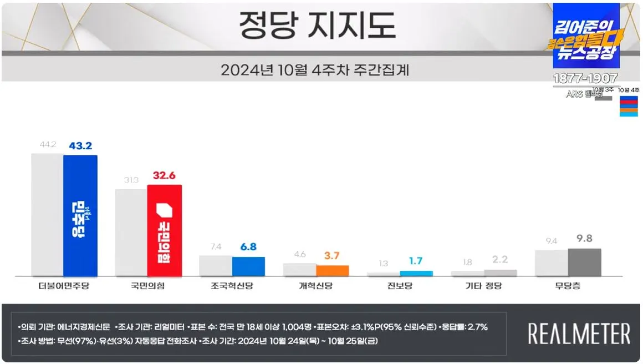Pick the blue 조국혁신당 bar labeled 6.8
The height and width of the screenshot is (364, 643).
point(248,266)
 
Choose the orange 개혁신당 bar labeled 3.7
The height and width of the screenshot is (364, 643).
point(333,270)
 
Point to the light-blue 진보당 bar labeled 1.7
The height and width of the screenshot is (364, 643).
point(416,273)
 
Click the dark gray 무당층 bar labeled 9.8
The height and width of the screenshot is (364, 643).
point(584,262)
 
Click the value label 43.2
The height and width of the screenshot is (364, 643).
point(80,145)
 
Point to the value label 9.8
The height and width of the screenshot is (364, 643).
point(584,239)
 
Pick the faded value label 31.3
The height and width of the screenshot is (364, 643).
point(132,180)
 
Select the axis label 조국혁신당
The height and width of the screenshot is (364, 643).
point(232,286)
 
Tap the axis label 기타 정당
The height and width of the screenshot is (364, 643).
point(483,286)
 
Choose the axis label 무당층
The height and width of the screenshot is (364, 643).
point(568,286)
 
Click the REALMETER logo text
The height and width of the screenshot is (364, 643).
point(579,334)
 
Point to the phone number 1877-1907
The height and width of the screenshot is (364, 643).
point(585,79)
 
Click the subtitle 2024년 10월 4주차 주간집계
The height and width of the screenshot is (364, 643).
point(318,70)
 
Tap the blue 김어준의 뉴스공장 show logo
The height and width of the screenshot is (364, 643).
point(586,36)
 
